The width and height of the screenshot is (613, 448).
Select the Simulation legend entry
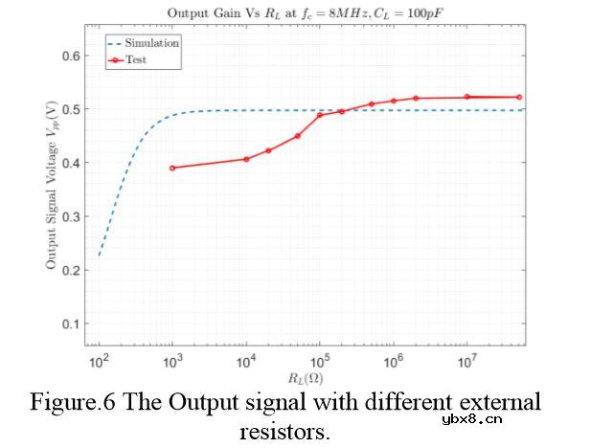151,43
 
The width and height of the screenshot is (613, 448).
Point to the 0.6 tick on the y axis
71,56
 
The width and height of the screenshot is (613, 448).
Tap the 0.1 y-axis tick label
71,324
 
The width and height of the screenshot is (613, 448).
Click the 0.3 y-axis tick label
71,216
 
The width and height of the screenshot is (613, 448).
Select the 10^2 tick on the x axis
98,363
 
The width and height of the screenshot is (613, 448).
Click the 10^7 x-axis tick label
466,363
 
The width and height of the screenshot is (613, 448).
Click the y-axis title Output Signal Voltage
54,187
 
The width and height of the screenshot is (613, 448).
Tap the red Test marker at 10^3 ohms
172,168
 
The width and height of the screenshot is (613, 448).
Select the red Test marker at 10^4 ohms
246,159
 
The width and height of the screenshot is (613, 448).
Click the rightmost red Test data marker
519,97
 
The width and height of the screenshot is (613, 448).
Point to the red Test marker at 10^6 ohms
394,101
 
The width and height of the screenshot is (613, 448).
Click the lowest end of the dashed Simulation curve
99,255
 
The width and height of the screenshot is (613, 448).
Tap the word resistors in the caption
284,431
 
